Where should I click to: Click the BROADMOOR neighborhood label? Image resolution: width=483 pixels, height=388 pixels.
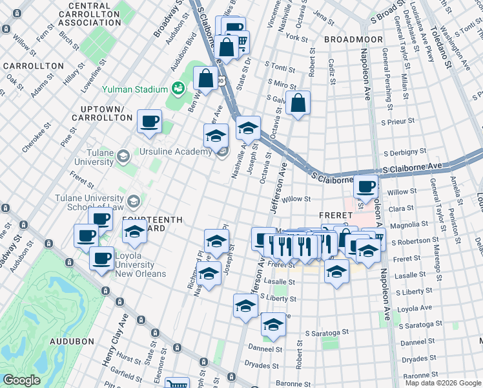tap(349, 39)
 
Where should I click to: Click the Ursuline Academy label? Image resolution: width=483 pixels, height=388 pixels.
tap(176, 151)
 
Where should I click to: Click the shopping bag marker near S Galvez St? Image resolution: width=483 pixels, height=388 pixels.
tap(298, 103)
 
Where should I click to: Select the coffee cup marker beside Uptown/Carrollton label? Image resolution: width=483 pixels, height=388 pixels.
tap(150, 122)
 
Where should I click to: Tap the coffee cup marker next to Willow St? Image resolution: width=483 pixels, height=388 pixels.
tap(366, 188)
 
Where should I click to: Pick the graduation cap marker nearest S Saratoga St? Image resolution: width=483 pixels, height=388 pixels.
tap(273, 326)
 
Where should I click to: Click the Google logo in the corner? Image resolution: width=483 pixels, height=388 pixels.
tap(21, 381)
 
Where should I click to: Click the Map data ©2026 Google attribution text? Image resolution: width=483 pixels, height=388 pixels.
tap(443, 383)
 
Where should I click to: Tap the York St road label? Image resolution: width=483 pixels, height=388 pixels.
tap(296, 38)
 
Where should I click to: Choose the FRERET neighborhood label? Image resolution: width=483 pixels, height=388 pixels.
tap(334, 215)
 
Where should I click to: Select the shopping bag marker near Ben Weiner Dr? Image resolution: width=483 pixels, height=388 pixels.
tap(205, 79)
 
